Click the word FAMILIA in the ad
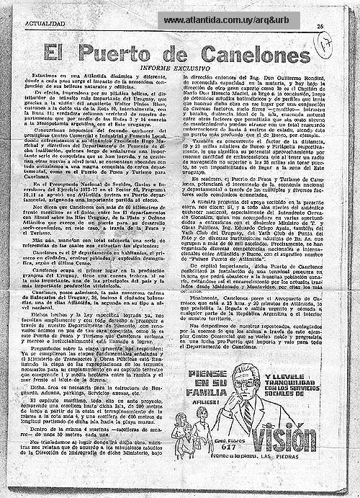206,393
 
